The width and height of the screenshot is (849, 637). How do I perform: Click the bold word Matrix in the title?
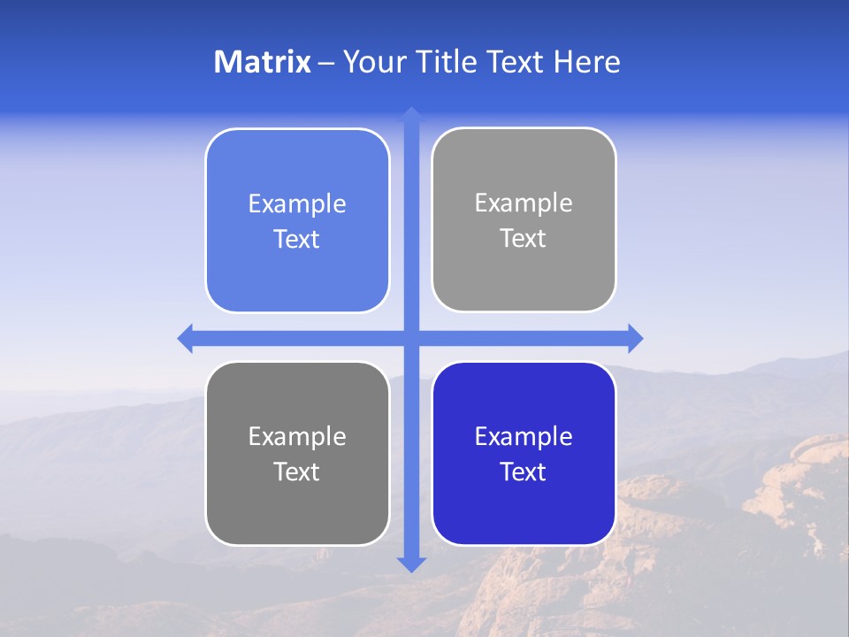(x=262, y=62)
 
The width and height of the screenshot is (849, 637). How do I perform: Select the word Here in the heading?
(x=587, y=62)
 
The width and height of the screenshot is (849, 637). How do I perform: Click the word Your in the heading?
(x=372, y=62)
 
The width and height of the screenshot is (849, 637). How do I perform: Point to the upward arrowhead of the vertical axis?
(x=411, y=114)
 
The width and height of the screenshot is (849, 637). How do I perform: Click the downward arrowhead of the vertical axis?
(x=411, y=564)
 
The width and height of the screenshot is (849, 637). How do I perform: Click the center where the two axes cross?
(x=411, y=338)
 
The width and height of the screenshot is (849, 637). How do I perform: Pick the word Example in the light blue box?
(x=297, y=204)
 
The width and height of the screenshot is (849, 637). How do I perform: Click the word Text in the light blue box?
(x=297, y=240)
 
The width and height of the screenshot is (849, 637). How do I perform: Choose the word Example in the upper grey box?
(x=524, y=203)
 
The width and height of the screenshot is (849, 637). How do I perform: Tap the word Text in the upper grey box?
(x=524, y=239)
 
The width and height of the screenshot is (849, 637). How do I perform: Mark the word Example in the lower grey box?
(x=297, y=437)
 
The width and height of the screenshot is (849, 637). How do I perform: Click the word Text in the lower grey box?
(x=297, y=472)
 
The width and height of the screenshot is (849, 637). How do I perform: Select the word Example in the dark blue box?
(x=524, y=437)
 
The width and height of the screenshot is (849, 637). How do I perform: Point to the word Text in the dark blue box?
(x=524, y=472)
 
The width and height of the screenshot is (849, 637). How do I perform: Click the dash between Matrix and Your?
(x=326, y=63)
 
